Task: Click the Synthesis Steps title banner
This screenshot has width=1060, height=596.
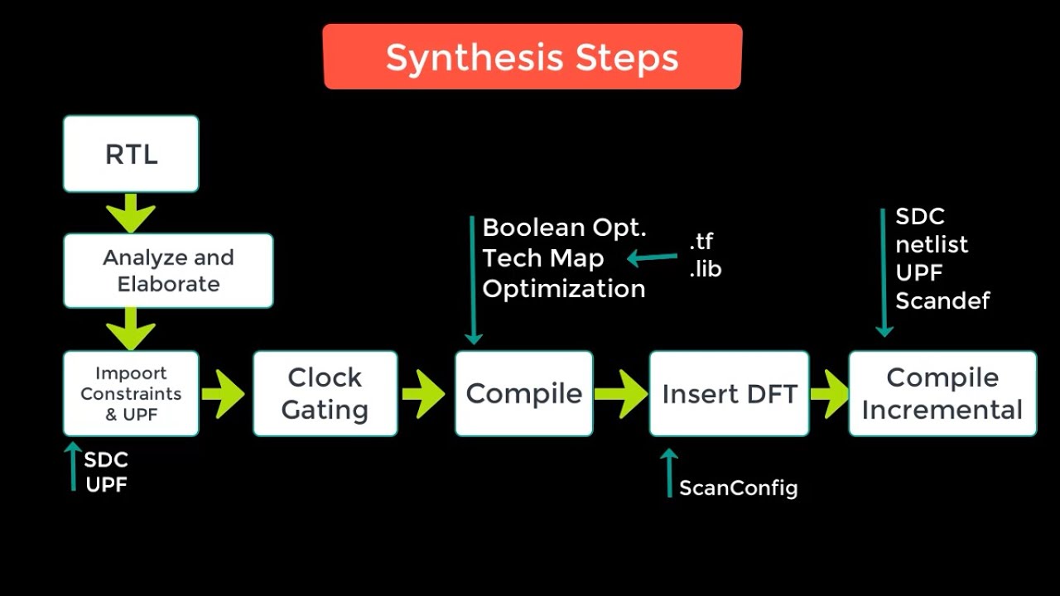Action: pyautogui.click(x=532, y=57)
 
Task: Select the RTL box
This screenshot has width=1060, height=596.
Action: pyautogui.click(x=131, y=154)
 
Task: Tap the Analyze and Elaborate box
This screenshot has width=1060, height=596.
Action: pyautogui.click(x=168, y=271)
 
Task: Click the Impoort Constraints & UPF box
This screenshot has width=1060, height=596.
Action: pyautogui.click(x=131, y=394)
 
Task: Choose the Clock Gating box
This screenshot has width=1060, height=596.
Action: pyautogui.click(x=325, y=394)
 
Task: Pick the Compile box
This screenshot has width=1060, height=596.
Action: pyautogui.click(x=523, y=394)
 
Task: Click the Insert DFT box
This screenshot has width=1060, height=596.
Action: pyautogui.click(x=729, y=394)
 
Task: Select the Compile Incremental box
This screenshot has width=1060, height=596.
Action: pyautogui.click(x=942, y=394)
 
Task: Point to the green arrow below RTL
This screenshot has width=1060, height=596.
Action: pyautogui.click(x=131, y=213)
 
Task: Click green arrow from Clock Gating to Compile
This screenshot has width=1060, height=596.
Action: pyautogui.click(x=424, y=394)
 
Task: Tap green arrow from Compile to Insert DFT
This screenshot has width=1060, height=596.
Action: pyautogui.click(x=620, y=394)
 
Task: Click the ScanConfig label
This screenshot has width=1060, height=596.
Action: pyautogui.click(x=738, y=488)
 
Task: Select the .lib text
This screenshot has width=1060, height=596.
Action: pyautogui.click(x=705, y=269)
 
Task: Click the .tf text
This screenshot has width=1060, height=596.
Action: pyautogui.click(x=701, y=242)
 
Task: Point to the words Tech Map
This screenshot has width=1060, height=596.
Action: pyautogui.click(x=543, y=258)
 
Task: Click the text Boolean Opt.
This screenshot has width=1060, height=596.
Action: pyautogui.click(x=564, y=228)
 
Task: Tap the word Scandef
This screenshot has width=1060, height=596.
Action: pyautogui.click(x=942, y=300)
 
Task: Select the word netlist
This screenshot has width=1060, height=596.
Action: pyautogui.click(x=932, y=244)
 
